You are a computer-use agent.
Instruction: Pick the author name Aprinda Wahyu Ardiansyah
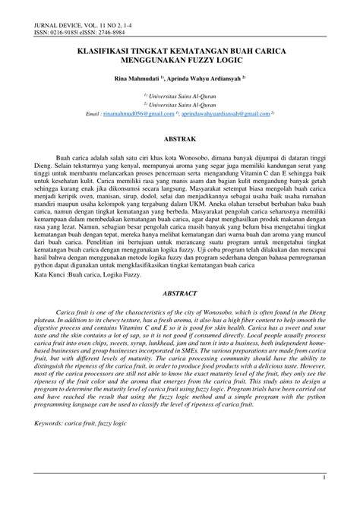coord(206,78)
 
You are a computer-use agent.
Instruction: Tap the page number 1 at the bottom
coord(324,498)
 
